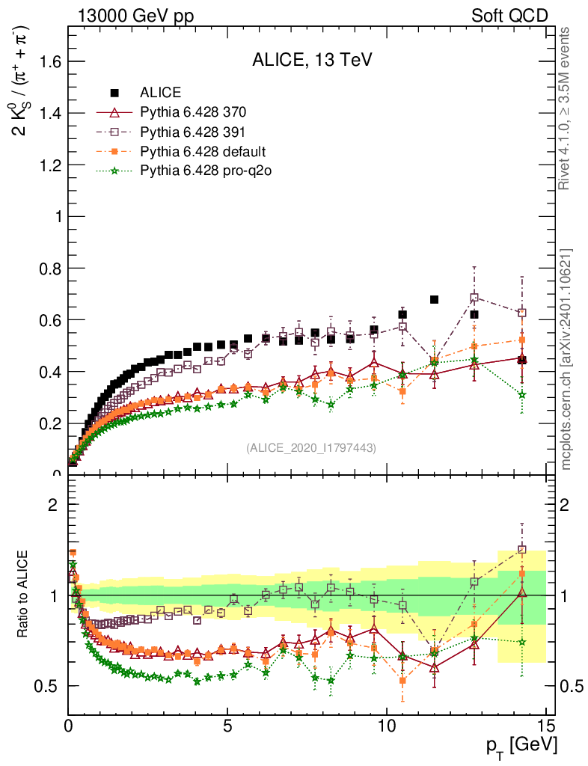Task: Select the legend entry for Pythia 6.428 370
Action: [193, 113]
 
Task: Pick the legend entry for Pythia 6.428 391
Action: [193, 132]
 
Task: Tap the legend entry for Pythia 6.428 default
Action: [203, 152]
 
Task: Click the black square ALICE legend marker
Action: [115, 93]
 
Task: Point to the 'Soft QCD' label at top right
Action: [509, 16]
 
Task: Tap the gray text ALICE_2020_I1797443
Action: [310, 447]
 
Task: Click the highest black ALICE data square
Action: [434, 300]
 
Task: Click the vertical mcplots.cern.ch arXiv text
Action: [566, 359]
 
